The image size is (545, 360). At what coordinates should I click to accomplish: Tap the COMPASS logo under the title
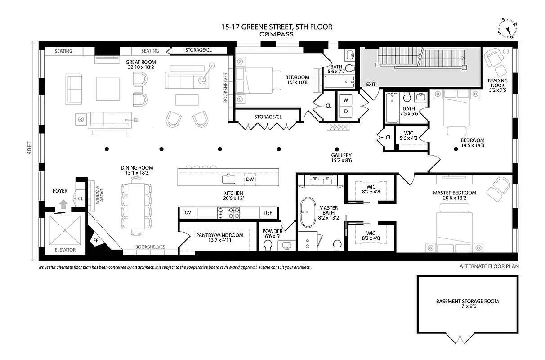[277, 34]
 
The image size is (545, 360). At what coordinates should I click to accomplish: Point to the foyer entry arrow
[63, 204]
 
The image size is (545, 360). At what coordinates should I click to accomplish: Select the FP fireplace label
[96, 241]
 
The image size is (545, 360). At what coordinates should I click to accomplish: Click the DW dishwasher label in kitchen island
[250, 180]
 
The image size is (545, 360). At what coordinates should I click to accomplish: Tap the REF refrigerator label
[268, 213]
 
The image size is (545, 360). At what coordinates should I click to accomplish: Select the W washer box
[346, 99]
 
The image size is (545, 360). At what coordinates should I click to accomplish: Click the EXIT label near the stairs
[371, 85]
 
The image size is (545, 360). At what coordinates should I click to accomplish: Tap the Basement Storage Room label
[467, 301]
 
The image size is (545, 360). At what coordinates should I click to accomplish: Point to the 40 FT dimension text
[30, 148]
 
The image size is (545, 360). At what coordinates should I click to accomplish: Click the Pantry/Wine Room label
[219, 235]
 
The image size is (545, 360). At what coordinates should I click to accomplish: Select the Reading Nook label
[497, 84]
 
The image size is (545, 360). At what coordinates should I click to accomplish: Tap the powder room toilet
[268, 245]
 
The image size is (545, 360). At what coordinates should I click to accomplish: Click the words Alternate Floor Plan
[489, 266]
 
